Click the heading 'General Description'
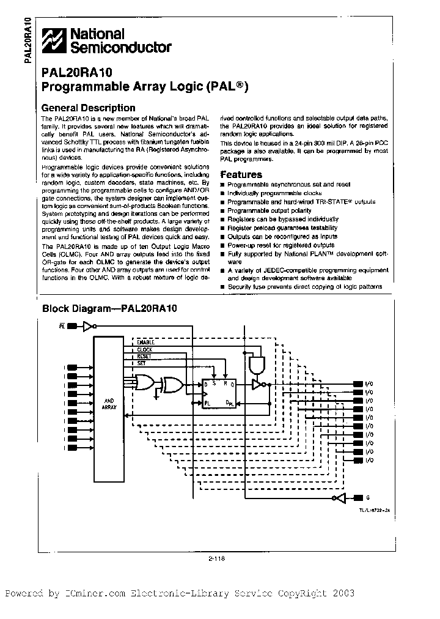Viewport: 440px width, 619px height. (x=87, y=108)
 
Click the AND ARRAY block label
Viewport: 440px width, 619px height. (x=108, y=403)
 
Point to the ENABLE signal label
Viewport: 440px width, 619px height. (x=146, y=342)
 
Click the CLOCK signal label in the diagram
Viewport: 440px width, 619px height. (x=145, y=349)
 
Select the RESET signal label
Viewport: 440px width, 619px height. (x=144, y=356)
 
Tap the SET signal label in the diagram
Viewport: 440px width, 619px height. (x=142, y=363)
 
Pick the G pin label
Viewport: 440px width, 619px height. (x=368, y=498)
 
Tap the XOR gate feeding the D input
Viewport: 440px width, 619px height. (x=171, y=385)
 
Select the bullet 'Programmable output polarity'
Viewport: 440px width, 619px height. (x=263, y=210)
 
